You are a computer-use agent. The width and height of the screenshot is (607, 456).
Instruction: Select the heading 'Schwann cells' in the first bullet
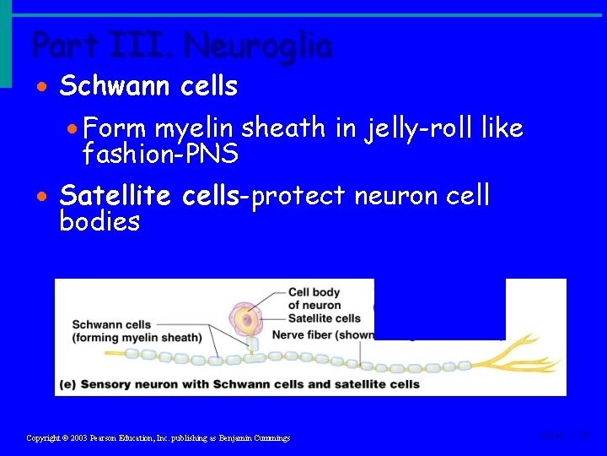148,86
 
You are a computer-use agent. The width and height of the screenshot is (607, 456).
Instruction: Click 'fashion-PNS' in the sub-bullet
160,154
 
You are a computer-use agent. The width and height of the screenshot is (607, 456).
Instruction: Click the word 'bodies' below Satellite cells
99,222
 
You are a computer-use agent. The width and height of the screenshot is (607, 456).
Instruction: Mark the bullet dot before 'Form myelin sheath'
73,129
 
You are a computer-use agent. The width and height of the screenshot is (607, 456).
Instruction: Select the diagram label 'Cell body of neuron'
314,299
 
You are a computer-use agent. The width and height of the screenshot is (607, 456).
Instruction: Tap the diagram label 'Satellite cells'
324,318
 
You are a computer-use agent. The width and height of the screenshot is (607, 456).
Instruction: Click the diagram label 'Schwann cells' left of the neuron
111,324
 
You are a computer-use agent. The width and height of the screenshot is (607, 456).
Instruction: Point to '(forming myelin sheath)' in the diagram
137,338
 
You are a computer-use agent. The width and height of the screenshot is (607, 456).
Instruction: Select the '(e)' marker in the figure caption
67,384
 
